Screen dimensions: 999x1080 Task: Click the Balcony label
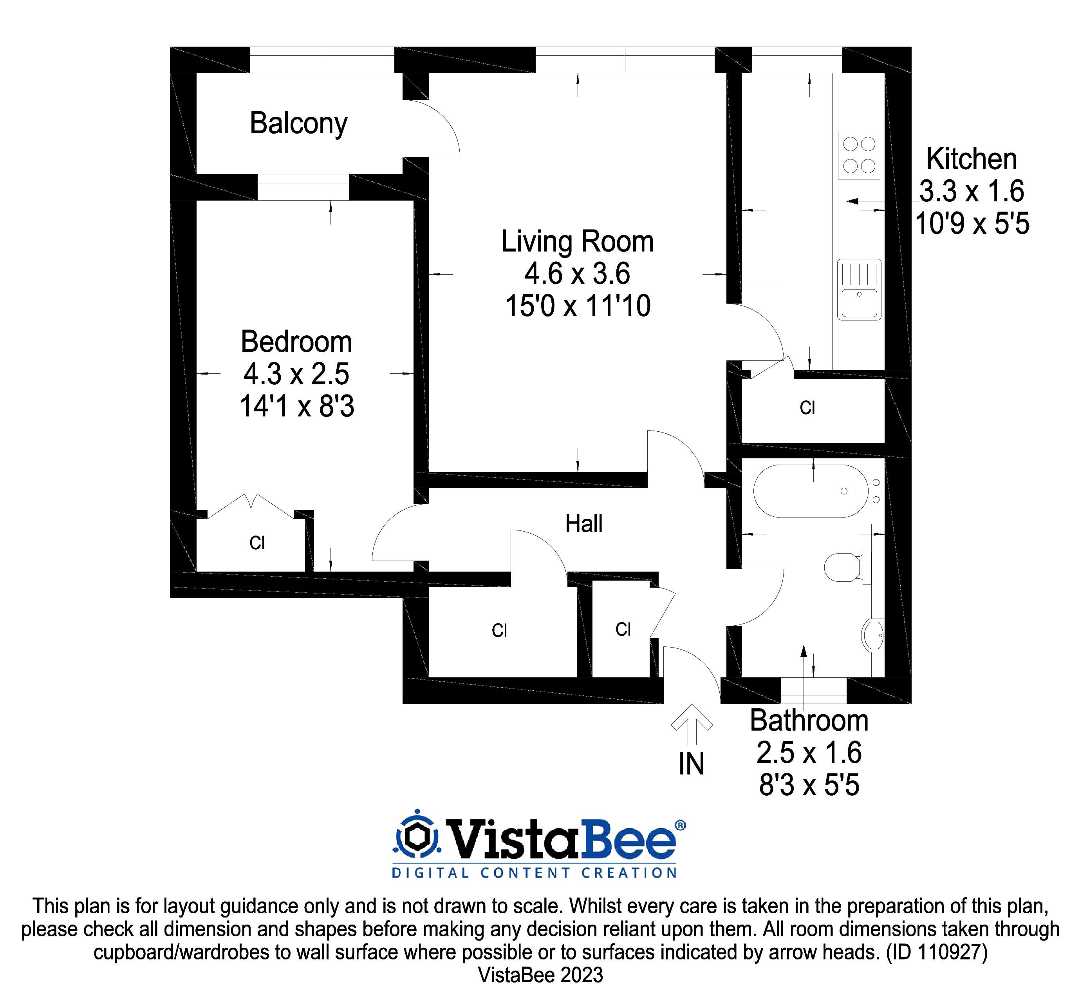click(x=298, y=124)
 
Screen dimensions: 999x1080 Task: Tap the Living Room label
click(x=577, y=242)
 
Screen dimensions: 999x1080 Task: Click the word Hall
click(x=583, y=524)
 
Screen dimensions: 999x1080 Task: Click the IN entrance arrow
click(x=692, y=724)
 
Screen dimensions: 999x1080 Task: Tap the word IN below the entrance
click(x=692, y=764)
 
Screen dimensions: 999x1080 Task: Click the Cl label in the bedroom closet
click(x=257, y=543)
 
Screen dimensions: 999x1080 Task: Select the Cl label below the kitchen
click(x=807, y=408)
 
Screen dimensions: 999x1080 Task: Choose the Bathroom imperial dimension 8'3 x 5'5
click(x=809, y=785)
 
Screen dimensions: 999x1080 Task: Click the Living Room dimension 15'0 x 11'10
click(x=578, y=306)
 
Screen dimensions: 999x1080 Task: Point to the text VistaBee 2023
click(x=540, y=975)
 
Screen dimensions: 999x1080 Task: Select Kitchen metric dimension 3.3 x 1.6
click(x=972, y=191)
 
